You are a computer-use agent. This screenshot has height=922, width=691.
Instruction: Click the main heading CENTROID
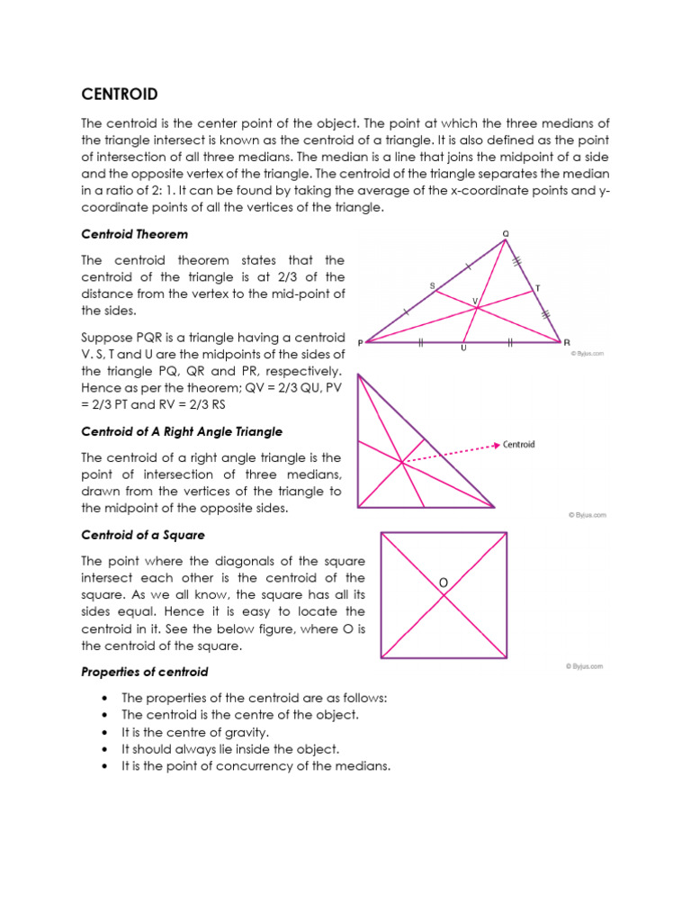pyautogui.click(x=120, y=94)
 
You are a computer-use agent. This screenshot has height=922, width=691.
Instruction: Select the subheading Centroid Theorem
pyautogui.click(x=135, y=234)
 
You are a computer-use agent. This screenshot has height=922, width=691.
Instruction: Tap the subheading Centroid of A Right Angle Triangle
pyautogui.click(x=183, y=431)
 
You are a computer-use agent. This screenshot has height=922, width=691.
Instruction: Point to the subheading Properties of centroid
pyautogui.click(x=144, y=672)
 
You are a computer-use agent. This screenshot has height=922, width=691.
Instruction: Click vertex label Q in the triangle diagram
pyautogui.click(x=505, y=233)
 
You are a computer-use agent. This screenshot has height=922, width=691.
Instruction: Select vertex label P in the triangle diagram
pyautogui.click(x=360, y=342)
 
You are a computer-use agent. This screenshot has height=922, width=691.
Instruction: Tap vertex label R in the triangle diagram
pyautogui.click(x=567, y=342)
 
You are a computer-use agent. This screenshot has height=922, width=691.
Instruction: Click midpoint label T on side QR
pyautogui.click(x=538, y=288)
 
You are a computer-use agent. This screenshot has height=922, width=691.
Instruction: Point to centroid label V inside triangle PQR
pyautogui.click(x=475, y=301)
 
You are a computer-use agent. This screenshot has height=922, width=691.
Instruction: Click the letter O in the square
pyautogui.click(x=443, y=583)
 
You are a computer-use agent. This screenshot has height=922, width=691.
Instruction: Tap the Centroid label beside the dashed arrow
pyautogui.click(x=519, y=444)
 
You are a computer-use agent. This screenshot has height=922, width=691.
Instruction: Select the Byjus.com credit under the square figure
pyautogui.click(x=585, y=666)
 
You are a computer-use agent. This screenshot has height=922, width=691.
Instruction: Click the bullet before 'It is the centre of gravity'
pyautogui.click(x=106, y=732)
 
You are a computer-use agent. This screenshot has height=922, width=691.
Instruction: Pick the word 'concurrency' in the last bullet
pyautogui.click(x=240, y=766)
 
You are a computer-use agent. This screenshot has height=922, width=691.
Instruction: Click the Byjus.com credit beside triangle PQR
pyautogui.click(x=587, y=354)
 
